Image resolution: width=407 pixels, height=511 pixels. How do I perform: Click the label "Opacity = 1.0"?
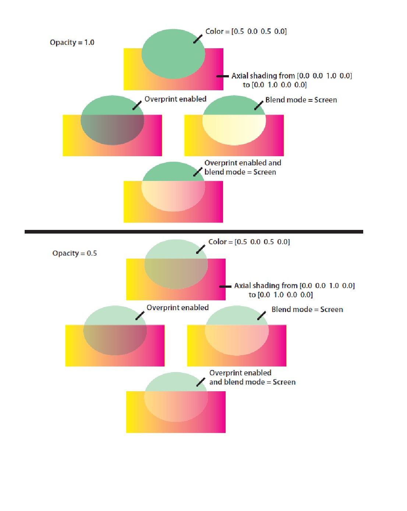[x=72, y=42]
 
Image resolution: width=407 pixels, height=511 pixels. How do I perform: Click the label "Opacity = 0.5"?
[x=74, y=253]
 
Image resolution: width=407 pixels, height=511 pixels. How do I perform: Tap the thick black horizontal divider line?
[x=194, y=231]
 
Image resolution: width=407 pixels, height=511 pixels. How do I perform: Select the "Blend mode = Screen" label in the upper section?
[x=301, y=100]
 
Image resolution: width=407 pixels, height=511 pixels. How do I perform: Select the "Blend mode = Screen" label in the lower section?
[x=307, y=309]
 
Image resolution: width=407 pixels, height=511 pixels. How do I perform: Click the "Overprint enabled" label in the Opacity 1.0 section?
[x=175, y=99]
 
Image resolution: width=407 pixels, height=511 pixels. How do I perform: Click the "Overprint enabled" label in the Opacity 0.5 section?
[x=177, y=308]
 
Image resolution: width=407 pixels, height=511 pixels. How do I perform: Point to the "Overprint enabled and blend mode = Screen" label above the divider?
[x=243, y=167]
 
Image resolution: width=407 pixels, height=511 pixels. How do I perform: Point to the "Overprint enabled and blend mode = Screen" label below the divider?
[x=252, y=377]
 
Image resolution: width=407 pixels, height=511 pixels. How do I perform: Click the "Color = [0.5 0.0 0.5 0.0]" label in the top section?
[x=246, y=31]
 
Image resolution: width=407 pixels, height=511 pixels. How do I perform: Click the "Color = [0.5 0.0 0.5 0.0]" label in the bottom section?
[x=249, y=242]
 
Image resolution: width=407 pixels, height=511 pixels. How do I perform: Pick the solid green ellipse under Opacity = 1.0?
[x=173, y=54]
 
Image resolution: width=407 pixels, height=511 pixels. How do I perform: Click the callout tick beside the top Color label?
[x=198, y=39]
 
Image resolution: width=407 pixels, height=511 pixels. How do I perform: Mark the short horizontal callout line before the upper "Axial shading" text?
[x=223, y=76]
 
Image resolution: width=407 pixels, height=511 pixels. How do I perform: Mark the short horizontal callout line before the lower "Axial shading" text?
[x=225, y=287]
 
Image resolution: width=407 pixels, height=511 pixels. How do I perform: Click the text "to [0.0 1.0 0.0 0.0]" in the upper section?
[x=275, y=85]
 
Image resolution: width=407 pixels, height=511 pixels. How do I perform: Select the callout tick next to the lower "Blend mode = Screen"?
[x=261, y=316]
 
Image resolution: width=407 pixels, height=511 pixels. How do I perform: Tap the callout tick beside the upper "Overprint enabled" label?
[x=137, y=106]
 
